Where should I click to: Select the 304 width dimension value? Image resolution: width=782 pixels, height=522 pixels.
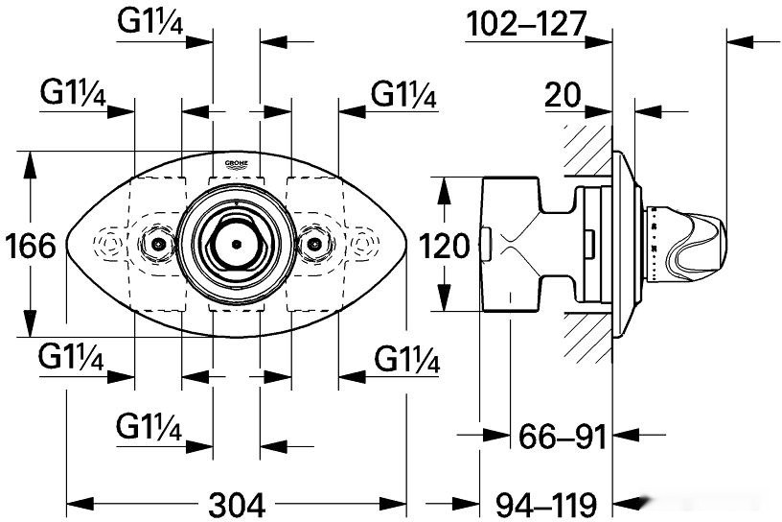click(x=236, y=503)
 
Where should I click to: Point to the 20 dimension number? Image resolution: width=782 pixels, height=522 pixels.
click(x=565, y=95)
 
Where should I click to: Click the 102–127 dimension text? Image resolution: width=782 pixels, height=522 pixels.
click(x=524, y=25)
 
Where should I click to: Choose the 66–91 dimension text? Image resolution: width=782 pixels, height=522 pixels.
click(x=561, y=438)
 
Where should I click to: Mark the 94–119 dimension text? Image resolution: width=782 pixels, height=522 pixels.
click(x=549, y=503)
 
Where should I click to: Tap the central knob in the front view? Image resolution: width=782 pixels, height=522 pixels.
click(x=236, y=244)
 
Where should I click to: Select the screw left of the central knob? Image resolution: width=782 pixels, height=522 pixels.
click(x=153, y=244)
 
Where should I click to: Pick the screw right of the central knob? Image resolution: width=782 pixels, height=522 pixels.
click(x=314, y=244)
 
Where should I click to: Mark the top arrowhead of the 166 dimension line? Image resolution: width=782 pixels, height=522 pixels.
click(x=32, y=159)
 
